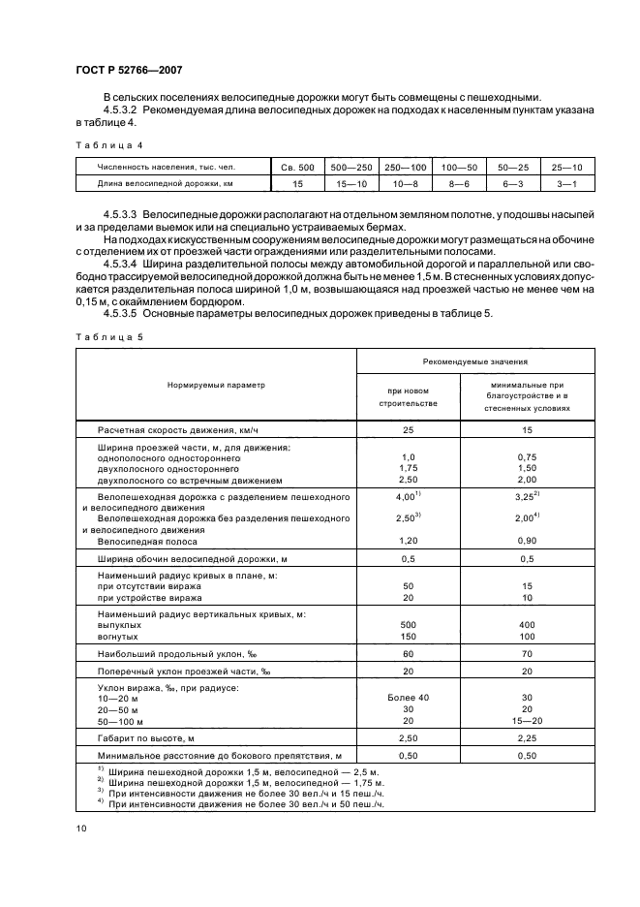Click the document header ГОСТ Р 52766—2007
[x=128, y=69]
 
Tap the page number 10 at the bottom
[x=81, y=827]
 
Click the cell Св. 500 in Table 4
[x=297, y=167]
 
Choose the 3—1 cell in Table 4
[x=562, y=181]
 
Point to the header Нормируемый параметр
[x=215, y=385]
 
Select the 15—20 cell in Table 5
[x=528, y=721]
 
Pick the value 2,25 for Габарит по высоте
[x=528, y=737]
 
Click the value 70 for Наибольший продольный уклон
[x=528, y=655]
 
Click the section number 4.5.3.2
[x=122, y=111]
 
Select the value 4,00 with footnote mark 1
[x=407, y=495]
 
